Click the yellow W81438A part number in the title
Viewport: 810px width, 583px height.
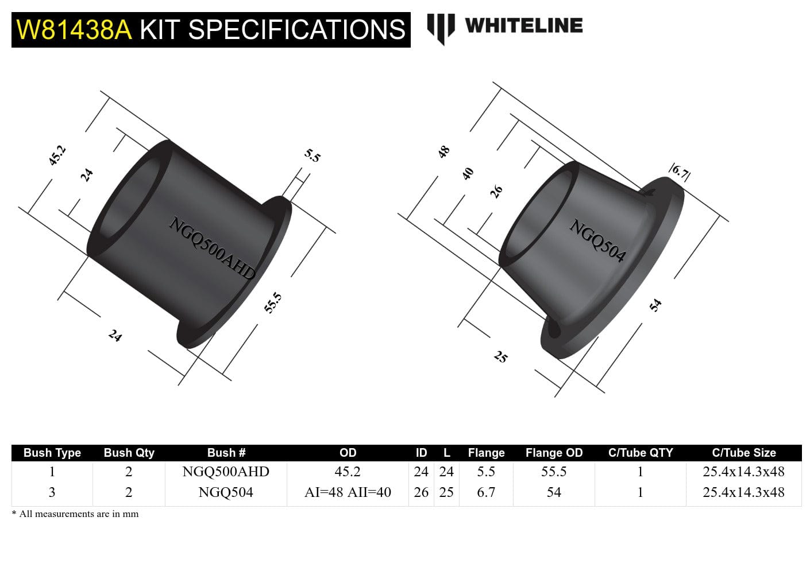point(74,30)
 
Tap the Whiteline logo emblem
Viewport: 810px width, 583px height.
point(441,28)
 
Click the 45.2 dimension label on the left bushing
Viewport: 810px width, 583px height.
point(57,156)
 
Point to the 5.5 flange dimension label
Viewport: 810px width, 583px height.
point(313,156)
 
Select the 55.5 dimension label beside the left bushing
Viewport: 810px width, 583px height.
point(273,302)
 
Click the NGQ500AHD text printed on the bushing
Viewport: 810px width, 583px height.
point(211,248)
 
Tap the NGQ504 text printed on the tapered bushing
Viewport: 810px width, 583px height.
point(597,240)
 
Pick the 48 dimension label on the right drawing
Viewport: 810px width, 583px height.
point(443,152)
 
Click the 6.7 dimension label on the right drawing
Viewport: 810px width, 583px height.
point(680,172)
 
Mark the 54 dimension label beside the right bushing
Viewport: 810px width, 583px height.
point(655,305)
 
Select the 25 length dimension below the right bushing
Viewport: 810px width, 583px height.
point(500,357)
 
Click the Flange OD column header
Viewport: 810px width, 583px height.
point(554,453)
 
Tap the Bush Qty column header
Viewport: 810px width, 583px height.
point(129,453)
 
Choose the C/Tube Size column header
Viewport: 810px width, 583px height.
point(743,453)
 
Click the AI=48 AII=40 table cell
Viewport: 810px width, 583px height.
point(348,492)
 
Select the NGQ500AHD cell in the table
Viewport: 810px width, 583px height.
point(226,472)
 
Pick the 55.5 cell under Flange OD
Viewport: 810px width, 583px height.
point(554,472)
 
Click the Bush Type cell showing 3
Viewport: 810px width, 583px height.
point(52,492)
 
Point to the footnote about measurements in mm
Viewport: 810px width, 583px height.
point(75,514)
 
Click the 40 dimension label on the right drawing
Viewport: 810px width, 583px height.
point(468,173)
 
